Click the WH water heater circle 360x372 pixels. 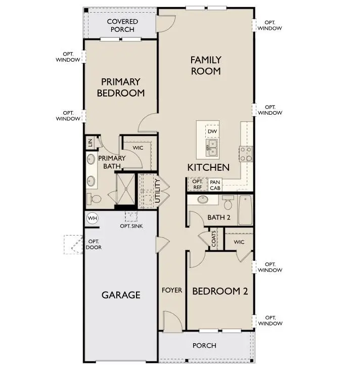point(92,218)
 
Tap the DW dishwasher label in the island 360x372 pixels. point(212,132)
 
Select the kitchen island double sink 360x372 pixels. point(212,148)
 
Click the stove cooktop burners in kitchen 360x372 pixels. point(246,153)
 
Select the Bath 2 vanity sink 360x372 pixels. point(202,199)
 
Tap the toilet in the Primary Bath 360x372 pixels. point(91,198)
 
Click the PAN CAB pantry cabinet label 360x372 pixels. point(215,185)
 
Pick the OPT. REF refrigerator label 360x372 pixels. point(198,184)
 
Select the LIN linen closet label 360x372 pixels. point(90,143)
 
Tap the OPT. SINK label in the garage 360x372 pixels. point(131,226)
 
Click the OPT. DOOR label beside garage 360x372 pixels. point(94,245)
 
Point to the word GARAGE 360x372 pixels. point(121,295)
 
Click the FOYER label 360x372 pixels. point(171,291)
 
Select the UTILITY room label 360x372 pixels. point(157,191)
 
